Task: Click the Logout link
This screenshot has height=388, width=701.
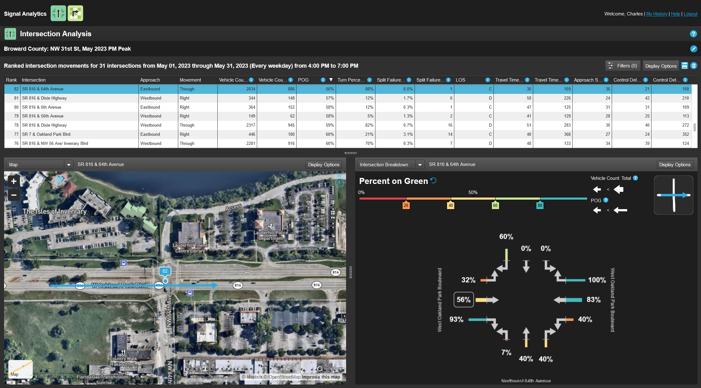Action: coord(690,14)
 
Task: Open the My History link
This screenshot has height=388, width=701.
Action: coord(657,14)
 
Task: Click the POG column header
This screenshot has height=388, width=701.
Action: coord(303,80)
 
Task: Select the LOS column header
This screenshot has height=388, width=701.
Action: coord(460,80)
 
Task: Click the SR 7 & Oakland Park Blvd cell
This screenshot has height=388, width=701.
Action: coord(46,134)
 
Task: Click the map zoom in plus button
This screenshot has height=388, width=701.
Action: coord(14,181)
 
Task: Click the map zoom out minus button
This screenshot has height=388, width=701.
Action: coord(14,195)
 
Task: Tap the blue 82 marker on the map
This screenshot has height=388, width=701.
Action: coord(165,271)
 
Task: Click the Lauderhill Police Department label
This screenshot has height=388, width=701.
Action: coord(271,236)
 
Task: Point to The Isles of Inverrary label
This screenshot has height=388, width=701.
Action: coord(55,211)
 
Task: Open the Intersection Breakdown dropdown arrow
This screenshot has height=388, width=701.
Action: coord(420,165)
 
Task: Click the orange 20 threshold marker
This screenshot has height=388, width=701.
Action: coord(406,205)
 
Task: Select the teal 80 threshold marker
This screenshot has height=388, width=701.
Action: coord(540,205)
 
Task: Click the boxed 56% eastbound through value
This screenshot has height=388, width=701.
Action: coord(463,300)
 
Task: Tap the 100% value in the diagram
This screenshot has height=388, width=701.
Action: coord(597,280)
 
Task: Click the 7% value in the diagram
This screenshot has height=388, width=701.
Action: coord(506,352)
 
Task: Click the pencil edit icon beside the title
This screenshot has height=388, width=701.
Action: coord(693,49)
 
